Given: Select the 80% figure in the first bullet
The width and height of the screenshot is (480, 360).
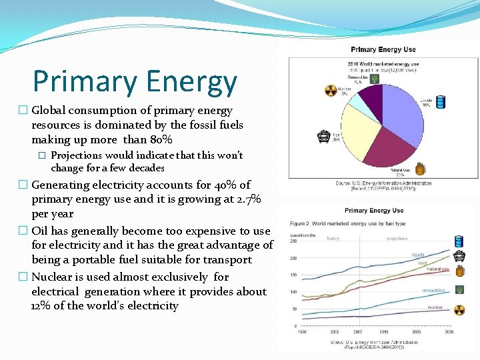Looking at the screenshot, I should click(x=159, y=139).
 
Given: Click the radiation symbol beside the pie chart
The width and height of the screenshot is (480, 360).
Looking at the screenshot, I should click(x=330, y=91).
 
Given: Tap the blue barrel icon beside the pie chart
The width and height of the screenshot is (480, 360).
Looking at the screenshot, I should click(x=440, y=101).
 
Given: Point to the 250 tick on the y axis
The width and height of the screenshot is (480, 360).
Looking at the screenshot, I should click(x=293, y=241).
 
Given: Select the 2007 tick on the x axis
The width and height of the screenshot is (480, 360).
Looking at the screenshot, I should click(x=359, y=331).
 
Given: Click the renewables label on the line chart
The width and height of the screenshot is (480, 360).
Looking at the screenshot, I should click(x=433, y=291).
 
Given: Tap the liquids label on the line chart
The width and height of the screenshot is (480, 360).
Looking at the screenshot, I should click(x=419, y=255).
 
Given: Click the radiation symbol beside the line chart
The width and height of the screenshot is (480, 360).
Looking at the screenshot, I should click(x=459, y=309).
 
